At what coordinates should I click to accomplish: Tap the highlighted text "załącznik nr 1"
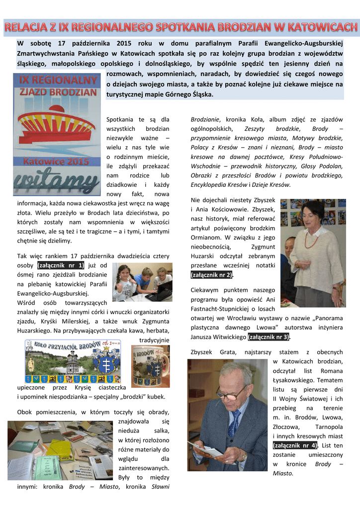(x=61, y=265)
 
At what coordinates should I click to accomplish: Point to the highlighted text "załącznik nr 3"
(x=269, y=337)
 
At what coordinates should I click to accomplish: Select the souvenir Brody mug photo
(x=150, y=366)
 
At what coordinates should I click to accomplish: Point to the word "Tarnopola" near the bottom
(x=329, y=426)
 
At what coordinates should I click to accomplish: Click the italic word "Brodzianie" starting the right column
(x=205, y=119)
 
